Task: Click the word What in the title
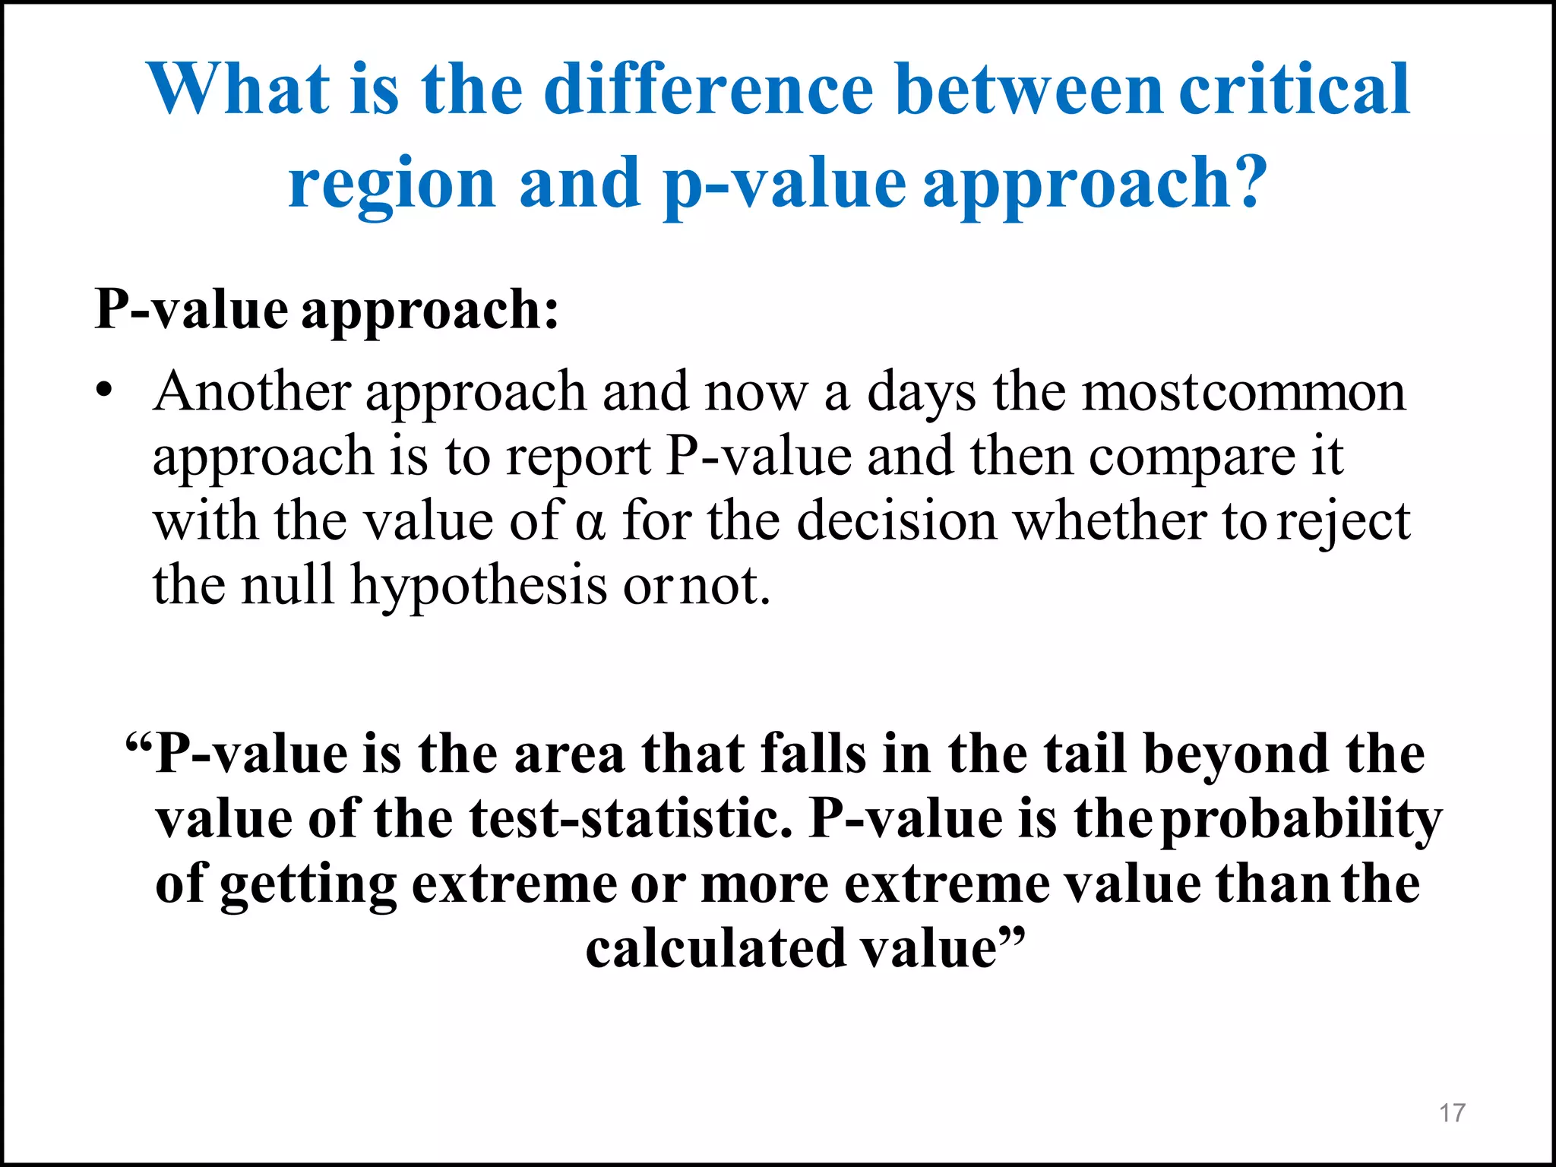240,89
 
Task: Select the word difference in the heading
709,89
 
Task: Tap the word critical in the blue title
1295,89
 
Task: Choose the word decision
897,522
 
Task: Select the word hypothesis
479,587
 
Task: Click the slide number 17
1452,1113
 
